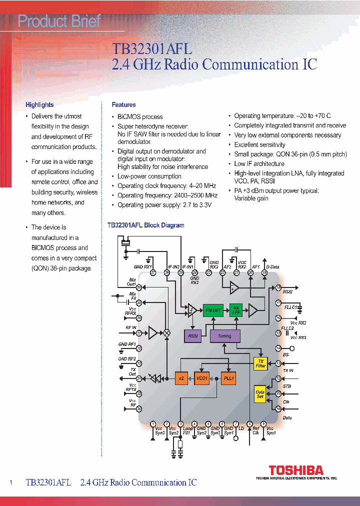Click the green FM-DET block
[x=213, y=310]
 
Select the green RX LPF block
[x=235, y=310]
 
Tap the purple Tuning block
[x=224, y=336]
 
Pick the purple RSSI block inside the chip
[x=193, y=336]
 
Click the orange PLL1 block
[x=229, y=378]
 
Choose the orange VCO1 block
[x=202, y=378]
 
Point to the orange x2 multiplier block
[x=181, y=378]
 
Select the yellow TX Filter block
[x=260, y=363]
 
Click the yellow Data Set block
[x=260, y=395]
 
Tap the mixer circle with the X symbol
[x=167, y=332]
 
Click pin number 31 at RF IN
[x=139, y=332]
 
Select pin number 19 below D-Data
[x=264, y=272]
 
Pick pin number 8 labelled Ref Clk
[x=249, y=424]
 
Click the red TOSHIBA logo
[x=296, y=470]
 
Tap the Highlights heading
[x=39, y=105]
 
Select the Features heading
[x=123, y=105]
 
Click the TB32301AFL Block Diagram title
[x=145, y=225]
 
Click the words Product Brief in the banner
[x=59, y=21]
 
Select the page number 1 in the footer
[x=11, y=482]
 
